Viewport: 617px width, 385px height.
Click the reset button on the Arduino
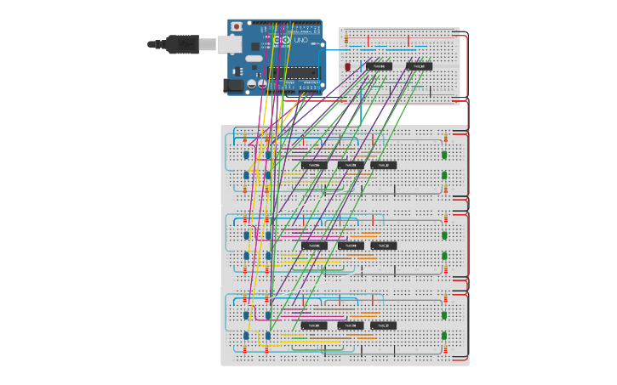[236, 27]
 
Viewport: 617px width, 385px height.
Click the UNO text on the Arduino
[302, 40]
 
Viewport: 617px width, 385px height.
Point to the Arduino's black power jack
[232, 84]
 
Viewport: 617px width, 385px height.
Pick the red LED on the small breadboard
[347, 66]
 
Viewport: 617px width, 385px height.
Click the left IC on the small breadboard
[378, 65]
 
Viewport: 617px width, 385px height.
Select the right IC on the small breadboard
[419, 65]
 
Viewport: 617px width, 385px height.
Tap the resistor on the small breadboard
[345, 39]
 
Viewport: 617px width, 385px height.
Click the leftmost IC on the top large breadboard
[314, 165]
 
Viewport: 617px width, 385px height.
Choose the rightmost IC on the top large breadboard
[383, 165]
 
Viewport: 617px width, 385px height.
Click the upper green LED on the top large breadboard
[444, 156]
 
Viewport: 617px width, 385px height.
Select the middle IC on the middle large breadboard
[350, 246]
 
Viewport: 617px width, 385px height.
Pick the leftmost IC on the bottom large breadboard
[314, 326]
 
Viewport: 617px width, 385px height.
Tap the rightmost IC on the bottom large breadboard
[383, 326]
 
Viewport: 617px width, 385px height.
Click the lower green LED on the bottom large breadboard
[444, 335]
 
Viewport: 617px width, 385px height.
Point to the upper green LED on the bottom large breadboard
[444, 315]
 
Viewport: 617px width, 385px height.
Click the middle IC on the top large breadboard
[350, 165]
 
